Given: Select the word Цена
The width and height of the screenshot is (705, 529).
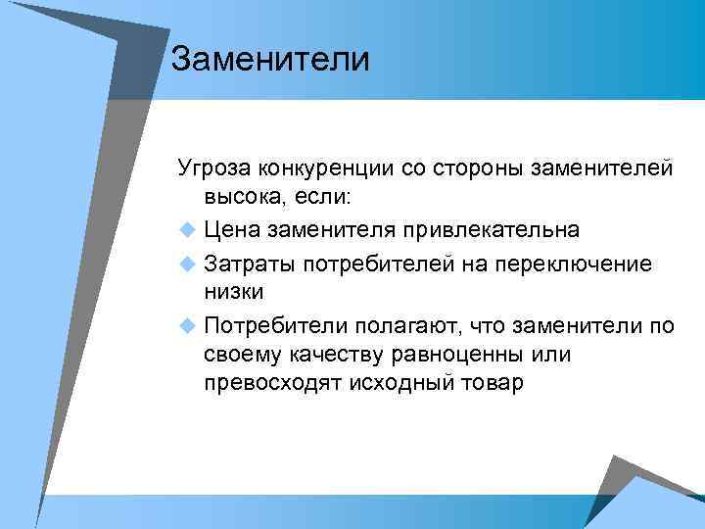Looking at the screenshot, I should coord(233,230).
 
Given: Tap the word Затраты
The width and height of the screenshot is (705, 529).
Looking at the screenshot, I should coord(250,264).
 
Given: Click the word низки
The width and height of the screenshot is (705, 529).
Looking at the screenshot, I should coord(233,291).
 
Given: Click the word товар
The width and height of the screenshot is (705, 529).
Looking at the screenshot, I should coord(493,382).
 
